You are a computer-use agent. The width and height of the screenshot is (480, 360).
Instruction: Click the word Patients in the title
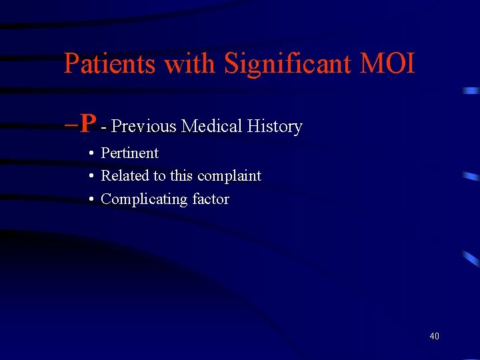pos(111,64)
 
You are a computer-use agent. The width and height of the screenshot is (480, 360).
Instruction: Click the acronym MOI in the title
pos(387,64)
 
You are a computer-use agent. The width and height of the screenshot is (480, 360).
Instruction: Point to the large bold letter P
pos(88,123)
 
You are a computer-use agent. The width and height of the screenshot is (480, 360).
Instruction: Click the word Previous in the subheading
pos(145,126)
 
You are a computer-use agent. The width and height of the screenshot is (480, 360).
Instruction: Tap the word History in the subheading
pos(275,127)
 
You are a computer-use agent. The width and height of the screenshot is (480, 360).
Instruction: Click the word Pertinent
pos(129,153)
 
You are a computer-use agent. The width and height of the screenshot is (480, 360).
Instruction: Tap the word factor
pos(211,199)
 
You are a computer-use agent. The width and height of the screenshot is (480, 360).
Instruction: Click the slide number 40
pos(434,336)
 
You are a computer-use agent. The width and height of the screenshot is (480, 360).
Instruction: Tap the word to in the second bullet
pos(159,177)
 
